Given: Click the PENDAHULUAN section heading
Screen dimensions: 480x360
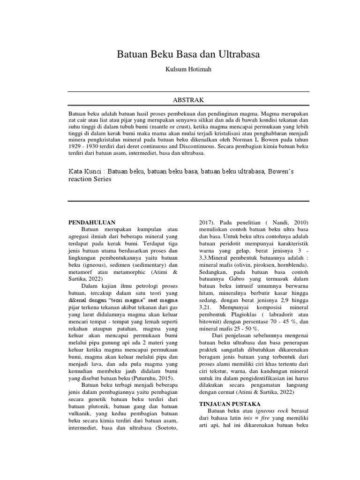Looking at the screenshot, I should [x=92, y=222].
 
